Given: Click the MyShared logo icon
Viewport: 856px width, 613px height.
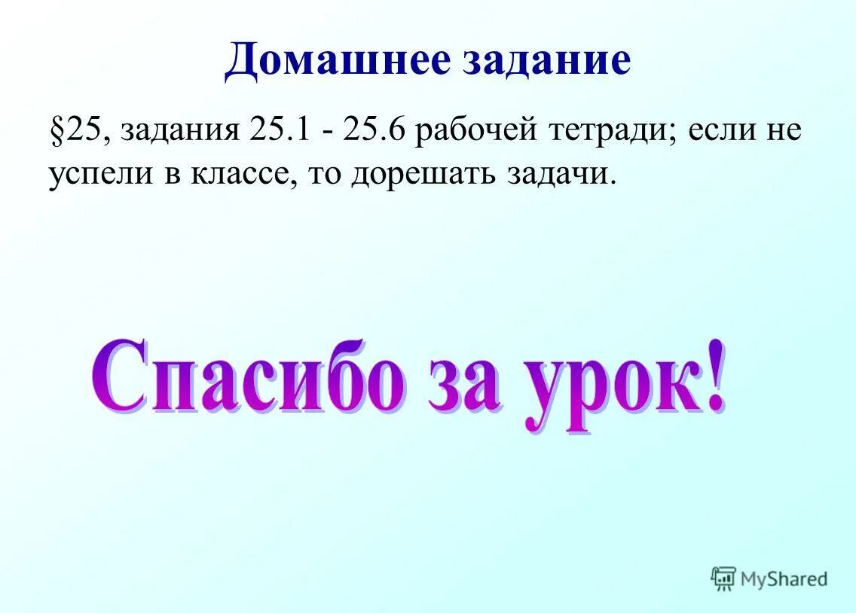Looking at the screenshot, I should click(x=723, y=578).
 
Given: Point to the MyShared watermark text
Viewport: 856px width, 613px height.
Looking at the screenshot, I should click(x=784, y=578).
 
